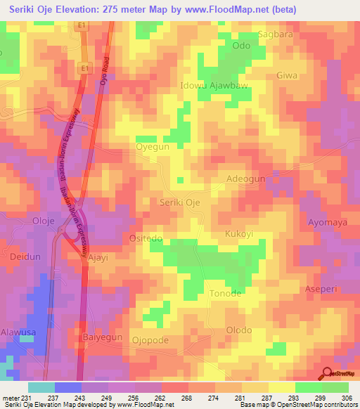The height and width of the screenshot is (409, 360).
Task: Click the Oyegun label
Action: pos(153,147)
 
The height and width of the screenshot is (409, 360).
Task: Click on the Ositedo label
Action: pos(146,239)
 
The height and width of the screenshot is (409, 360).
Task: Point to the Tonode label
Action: pos(226,293)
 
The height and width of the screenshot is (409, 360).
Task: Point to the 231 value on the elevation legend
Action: pos(25,397)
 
